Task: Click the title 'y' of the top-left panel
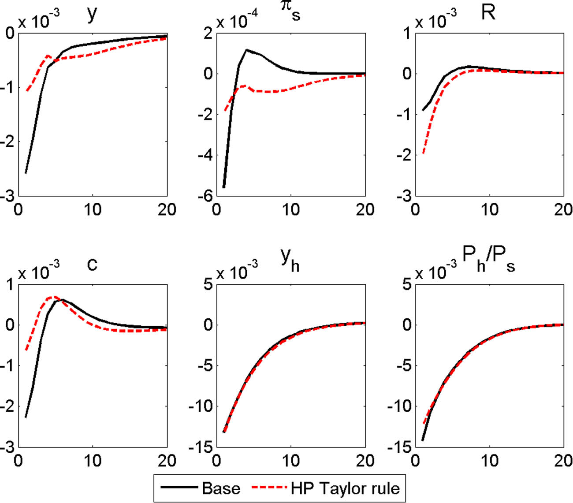pyautogui.click(x=92, y=14)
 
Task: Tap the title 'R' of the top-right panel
pyautogui.click(x=488, y=13)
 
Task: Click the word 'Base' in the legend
pyautogui.click(x=221, y=488)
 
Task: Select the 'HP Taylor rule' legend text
pyautogui.click(x=345, y=488)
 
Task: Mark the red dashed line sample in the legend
pyautogui.click(x=269, y=488)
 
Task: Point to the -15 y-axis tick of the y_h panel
pyautogui.click(x=201, y=447)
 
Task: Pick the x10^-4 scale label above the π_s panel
pyautogui.click(x=237, y=21)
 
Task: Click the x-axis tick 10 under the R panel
pyautogui.click(x=489, y=210)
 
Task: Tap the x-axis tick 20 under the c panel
pyautogui.click(x=167, y=461)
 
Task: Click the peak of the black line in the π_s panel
pyautogui.click(x=246, y=50)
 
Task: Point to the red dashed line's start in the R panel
pyautogui.click(x=423, y=153)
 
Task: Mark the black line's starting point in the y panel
pyautogui.click(x=26, y=173)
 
